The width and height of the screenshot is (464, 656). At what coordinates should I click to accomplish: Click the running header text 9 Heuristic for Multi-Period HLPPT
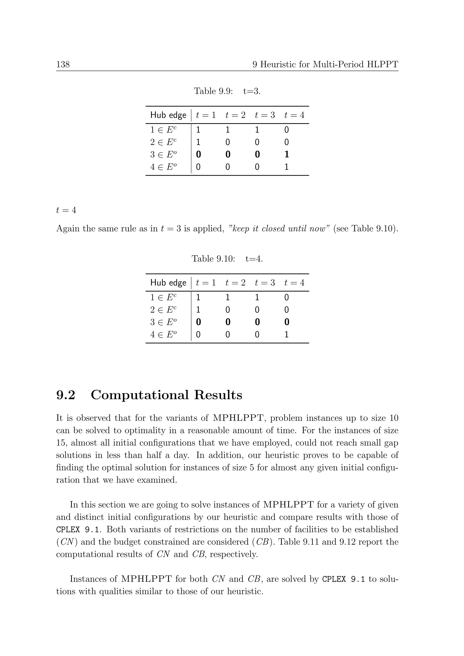tap(325, 64)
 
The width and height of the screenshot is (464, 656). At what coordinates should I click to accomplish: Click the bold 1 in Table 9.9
tap(287, 154)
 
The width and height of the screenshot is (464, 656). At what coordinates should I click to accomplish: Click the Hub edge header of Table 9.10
tap(168, 283)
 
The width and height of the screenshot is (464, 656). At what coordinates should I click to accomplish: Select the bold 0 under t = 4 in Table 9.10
tap(287, 322)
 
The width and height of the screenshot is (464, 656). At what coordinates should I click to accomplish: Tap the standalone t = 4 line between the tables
tap(66, 210)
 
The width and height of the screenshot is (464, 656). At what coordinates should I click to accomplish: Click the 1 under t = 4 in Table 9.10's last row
tap(287, 335)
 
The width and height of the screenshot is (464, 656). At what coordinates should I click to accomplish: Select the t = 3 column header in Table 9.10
tap(265, 283)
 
